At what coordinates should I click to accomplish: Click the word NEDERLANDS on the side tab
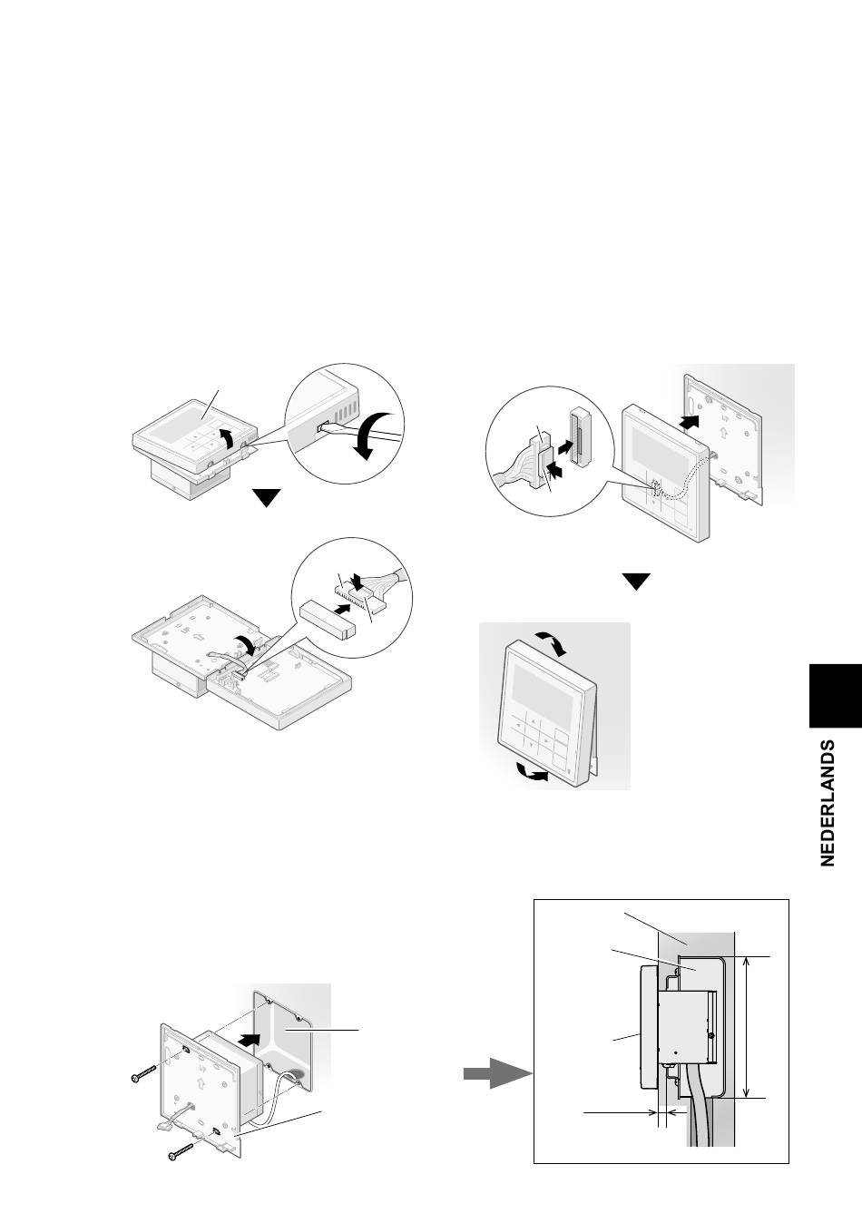tap(828, 803)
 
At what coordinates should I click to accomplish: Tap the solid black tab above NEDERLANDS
tap(836, 696)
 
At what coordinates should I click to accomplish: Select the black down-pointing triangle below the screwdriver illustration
tap(267, 498)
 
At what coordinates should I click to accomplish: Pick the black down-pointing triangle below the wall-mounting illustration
tap(637, 582)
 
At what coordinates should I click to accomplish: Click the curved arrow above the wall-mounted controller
tap(553, 642)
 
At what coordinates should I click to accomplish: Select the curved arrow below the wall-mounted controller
tap(533, 773)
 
